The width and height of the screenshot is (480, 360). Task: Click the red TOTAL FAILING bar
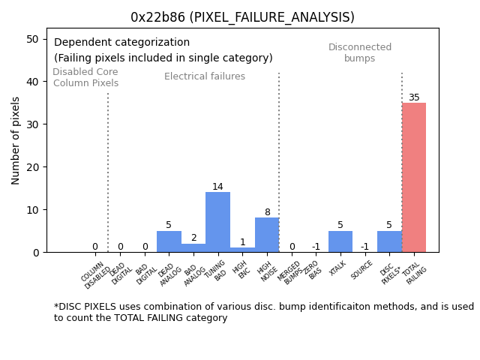click(414, 178)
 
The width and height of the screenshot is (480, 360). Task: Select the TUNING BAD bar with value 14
click(217, 222)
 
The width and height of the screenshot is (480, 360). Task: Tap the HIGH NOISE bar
click(267, 235)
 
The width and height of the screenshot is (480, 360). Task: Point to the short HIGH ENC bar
click(242, 250)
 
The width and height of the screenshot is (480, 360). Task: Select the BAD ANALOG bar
click(193, 247)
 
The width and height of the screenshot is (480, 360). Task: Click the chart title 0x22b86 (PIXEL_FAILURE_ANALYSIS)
click(242, 17)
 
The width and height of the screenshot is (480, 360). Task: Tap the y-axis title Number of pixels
click(16, 140)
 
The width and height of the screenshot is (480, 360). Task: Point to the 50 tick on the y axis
click(34, 39)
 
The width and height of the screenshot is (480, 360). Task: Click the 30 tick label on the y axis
click(34, 124)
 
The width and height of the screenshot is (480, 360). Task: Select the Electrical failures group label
click(205, 76)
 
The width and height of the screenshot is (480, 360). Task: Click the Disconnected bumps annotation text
click(360, 53)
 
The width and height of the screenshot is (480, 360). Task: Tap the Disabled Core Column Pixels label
click(85, 78)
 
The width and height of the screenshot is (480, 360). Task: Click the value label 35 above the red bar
click(414, 97)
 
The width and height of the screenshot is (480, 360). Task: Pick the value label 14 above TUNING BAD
click(217, 187)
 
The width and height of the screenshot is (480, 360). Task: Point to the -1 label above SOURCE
click(364, 247)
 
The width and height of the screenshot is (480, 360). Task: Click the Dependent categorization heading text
click(121, 43)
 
